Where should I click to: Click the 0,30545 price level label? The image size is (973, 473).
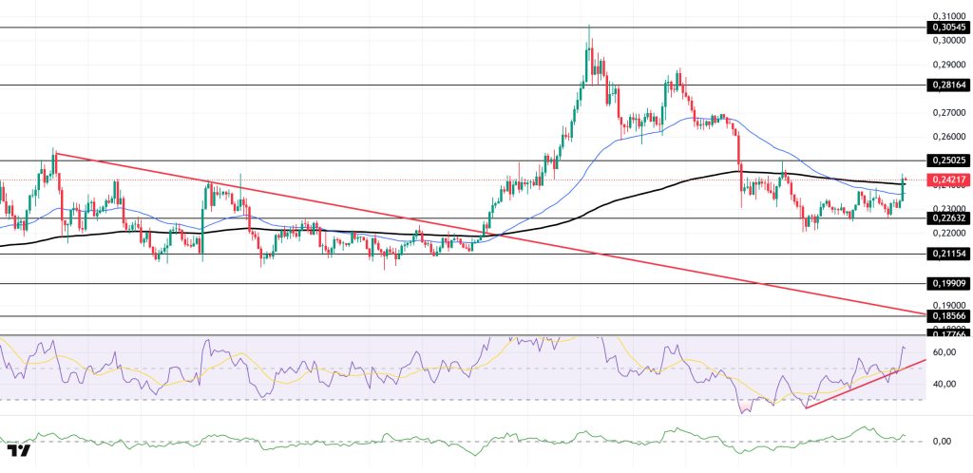[949, 28]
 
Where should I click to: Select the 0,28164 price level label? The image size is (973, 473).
[949, 85]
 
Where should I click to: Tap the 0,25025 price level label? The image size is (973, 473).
[949, 161]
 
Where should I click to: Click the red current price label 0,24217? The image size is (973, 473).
[949, 180]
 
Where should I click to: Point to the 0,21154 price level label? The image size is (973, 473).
[949, 254]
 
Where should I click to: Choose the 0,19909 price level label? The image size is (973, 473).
[949, 283]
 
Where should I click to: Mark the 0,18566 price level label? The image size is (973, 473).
[949, 316]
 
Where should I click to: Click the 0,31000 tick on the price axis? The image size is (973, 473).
[949, 16]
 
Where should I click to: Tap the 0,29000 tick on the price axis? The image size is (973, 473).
[949, 65]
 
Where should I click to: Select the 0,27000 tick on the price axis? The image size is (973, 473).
[949, 112]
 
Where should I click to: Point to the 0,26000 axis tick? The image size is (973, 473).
[949, 137]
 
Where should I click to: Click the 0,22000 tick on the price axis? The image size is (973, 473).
[949, 233]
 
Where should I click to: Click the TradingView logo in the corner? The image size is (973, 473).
[19, 450]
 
